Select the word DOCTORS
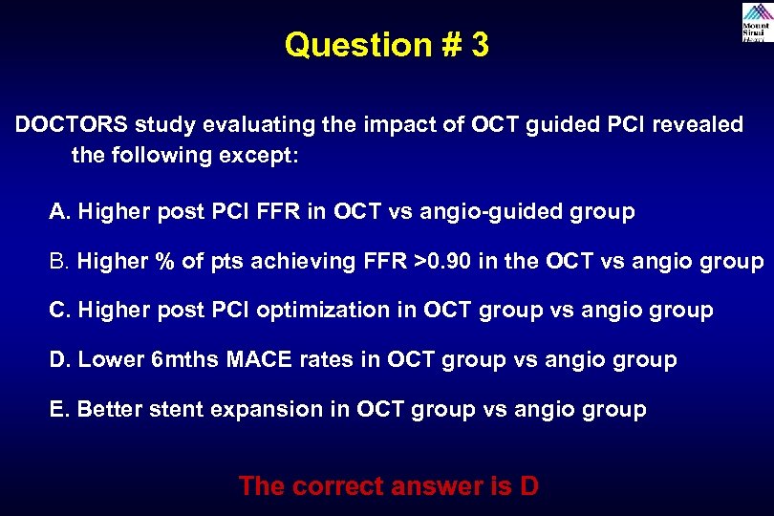tap(71, 126)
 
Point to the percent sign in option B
tap(166, 261)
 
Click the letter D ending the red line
tap(527, 485)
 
